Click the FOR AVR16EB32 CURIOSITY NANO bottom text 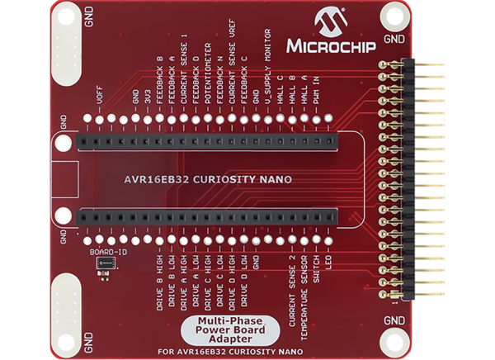tap(224, 349)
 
